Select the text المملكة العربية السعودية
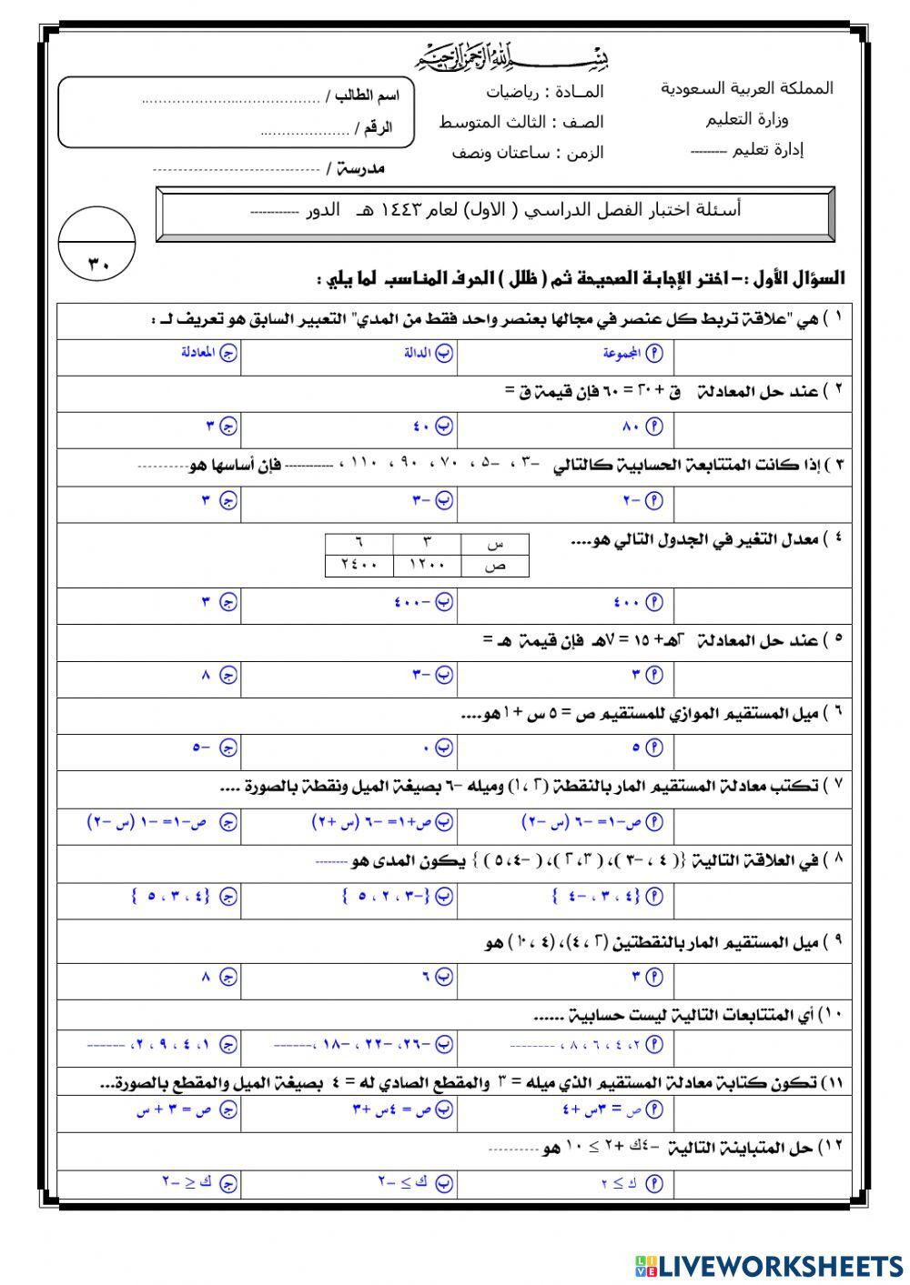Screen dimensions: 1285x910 click(746, 89)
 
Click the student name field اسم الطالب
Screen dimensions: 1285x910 click(273, 95)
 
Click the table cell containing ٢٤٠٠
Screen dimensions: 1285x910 click(359, 565)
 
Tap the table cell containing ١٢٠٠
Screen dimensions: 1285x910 click(427, 565)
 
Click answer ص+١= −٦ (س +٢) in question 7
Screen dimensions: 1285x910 click(382, 822)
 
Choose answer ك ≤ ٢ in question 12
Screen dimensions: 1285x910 click(632, 1183)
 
